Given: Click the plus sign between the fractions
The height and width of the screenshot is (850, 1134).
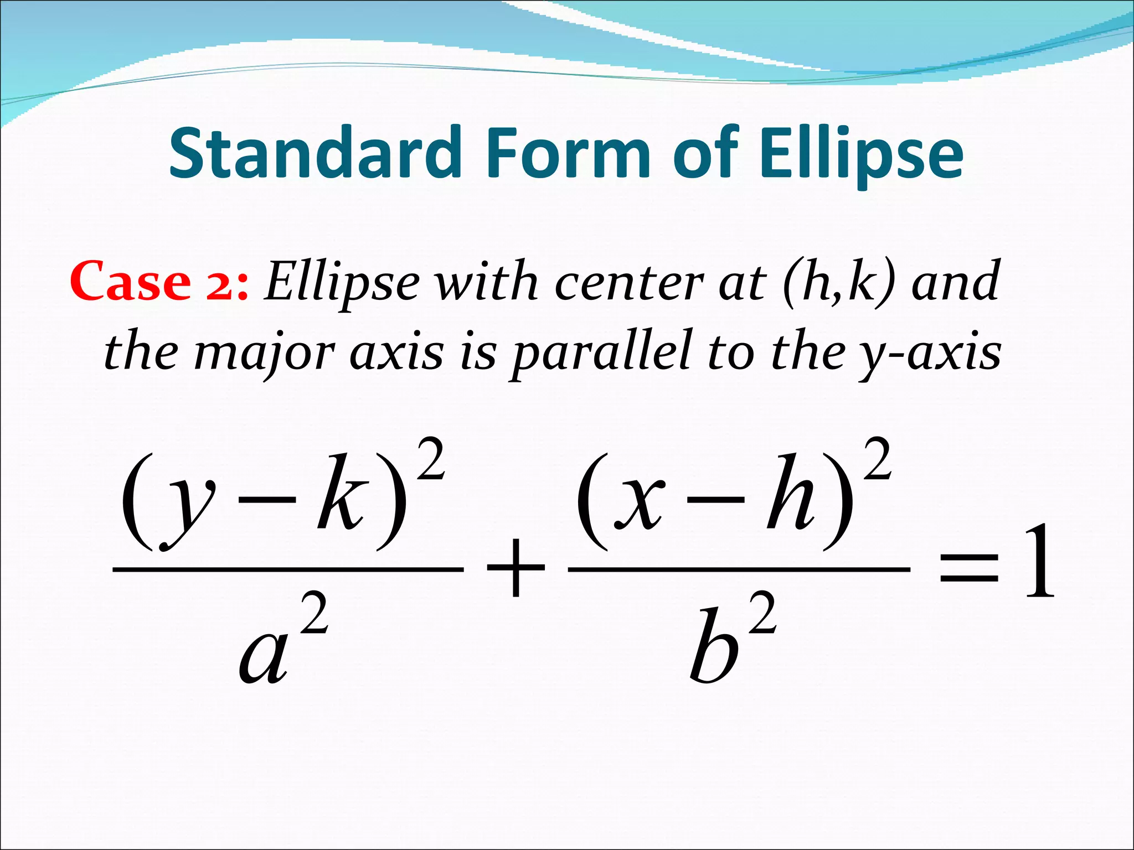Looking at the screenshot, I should coord(516,568).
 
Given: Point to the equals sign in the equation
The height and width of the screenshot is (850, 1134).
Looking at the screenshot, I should coord(969,570).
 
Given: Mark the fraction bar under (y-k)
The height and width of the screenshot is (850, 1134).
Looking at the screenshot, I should coord(288,569).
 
